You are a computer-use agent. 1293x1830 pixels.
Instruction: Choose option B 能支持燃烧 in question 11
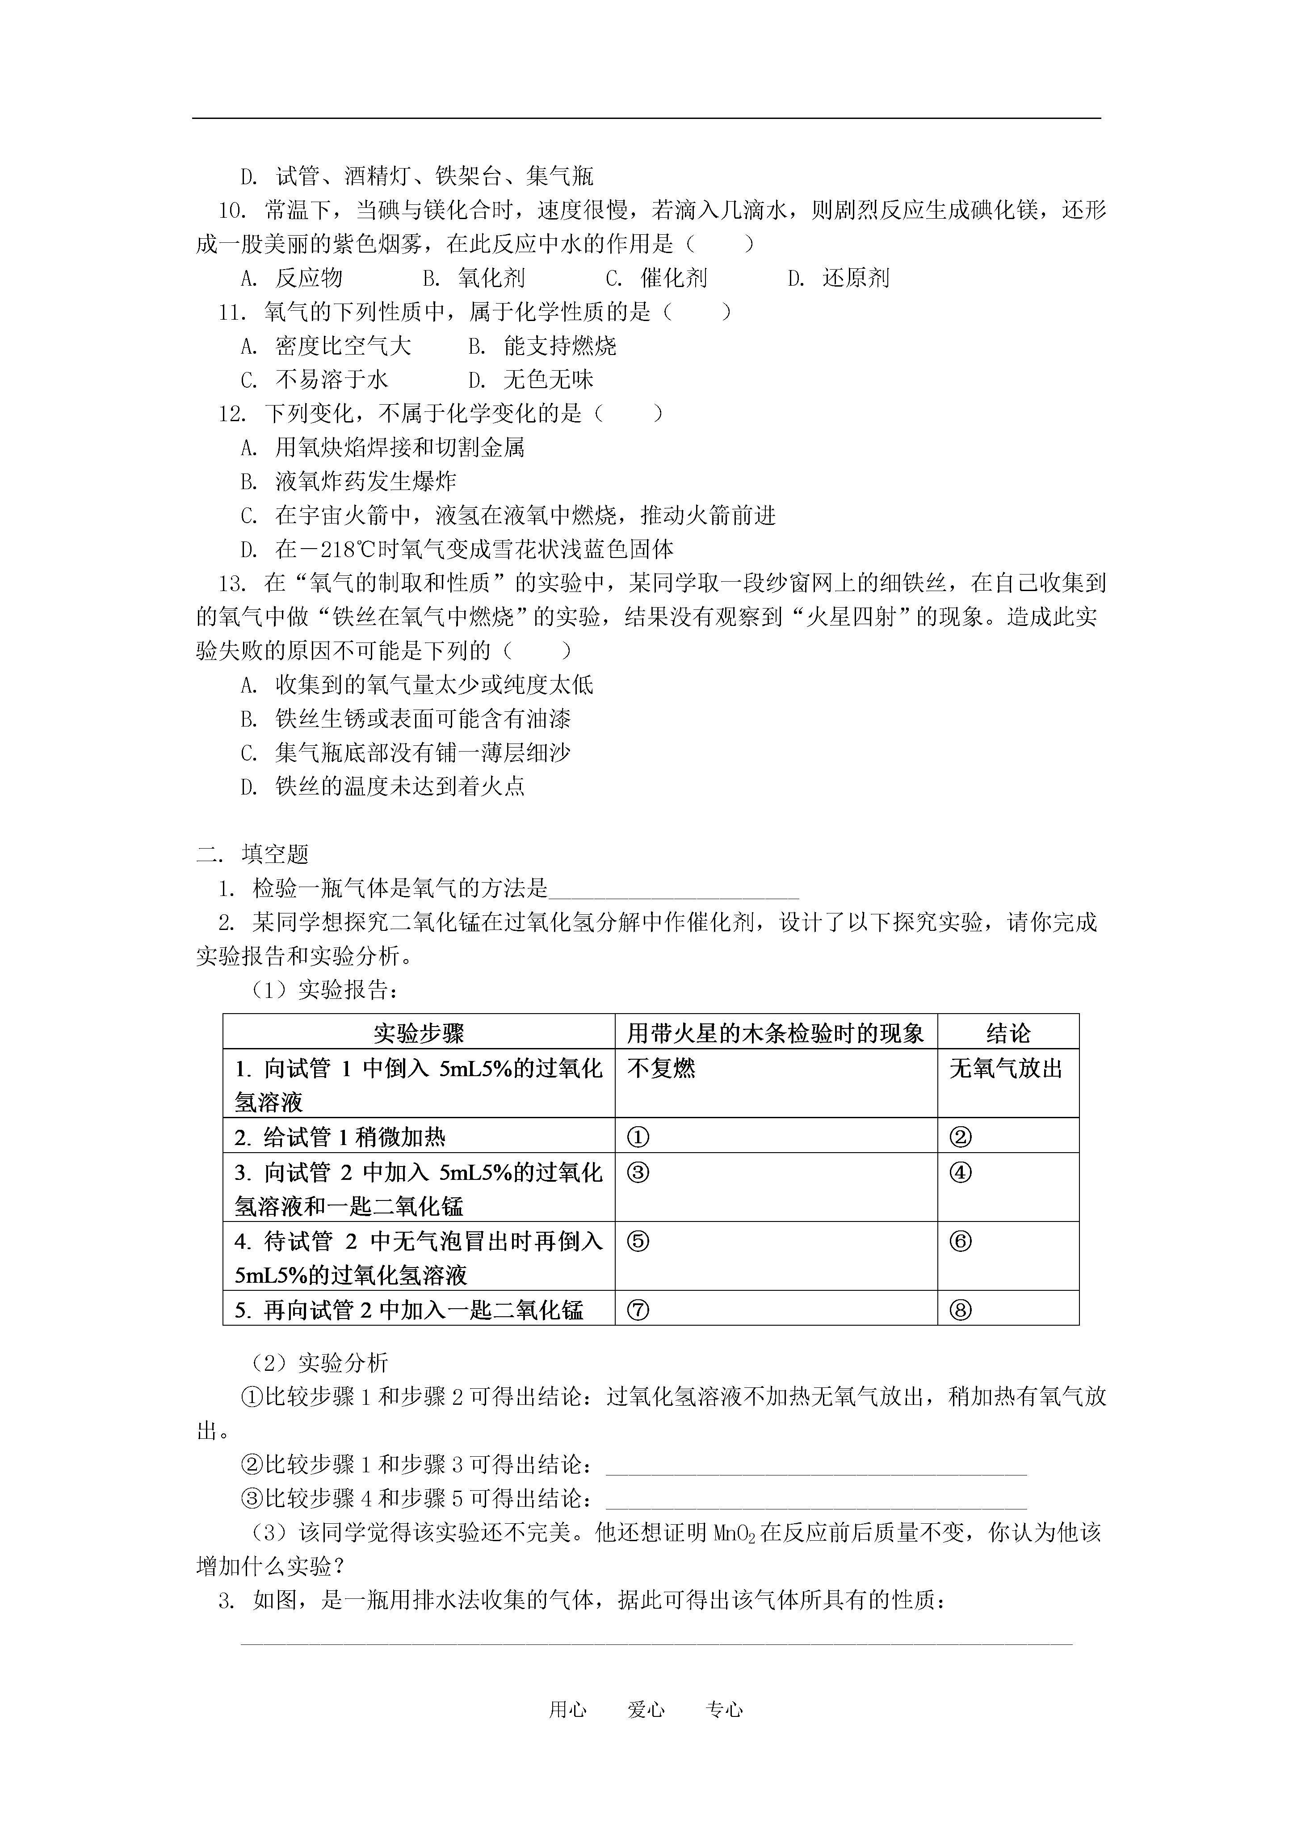point(542,346)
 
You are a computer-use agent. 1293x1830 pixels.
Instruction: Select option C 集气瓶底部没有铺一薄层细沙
point(406,752)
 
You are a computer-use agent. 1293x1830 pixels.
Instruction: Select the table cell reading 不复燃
point(661,1068)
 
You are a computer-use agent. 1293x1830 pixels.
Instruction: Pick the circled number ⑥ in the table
point(961,1242)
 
